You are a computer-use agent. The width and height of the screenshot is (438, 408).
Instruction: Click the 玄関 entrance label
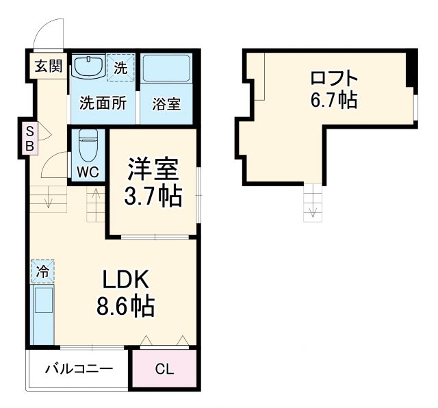pyautogui.click(x=48, y=66)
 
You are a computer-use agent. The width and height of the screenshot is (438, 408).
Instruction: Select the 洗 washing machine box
pyautogui.click(x=120, y=68)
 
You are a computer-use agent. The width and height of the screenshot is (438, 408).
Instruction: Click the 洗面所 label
pyautogui.click(x=103, y=104)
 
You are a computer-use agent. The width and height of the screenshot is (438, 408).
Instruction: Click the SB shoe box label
pyautogui.click(x=30, y=138)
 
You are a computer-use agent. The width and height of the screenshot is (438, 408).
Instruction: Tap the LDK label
pyautogui.click(x=125, y=279)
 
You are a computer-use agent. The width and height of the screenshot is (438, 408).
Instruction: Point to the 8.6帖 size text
pyautogui.click(x=125, y=306)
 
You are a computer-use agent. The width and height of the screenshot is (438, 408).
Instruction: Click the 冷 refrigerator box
pyautogui.click(x=42, y=272)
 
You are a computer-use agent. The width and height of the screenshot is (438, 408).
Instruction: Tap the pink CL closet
pyautogui.click(x=164, y=370)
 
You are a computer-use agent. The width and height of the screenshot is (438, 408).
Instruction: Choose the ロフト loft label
pyautogui.click(x=333, y=76)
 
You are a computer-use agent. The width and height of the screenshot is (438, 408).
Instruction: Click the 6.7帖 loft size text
pyautogui.click(x=333, y=101)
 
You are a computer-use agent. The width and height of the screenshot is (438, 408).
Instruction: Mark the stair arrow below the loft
pyautogui.click(x=313, y=205)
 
